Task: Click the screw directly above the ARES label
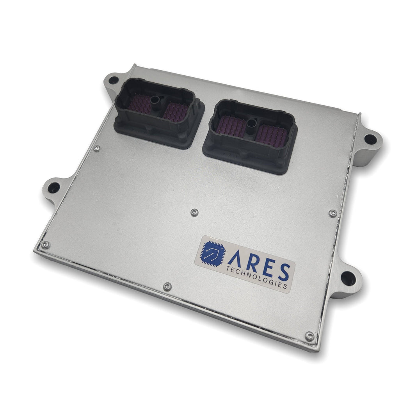[195, 212]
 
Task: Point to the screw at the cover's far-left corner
[45, 245]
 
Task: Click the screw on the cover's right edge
[332, 213]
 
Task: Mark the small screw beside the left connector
[97, 148]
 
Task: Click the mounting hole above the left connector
[113, 81]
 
